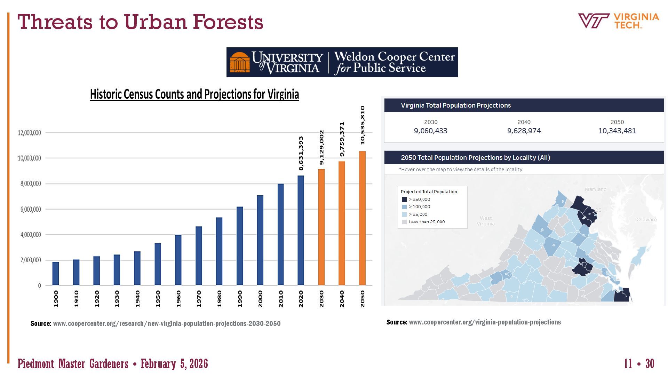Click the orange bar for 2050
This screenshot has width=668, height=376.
click(x=362, y=218)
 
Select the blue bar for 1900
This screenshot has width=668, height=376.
click(x=56, y=274)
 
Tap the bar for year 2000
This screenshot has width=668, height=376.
click(x=260, y=240)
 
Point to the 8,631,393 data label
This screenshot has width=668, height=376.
click(x=301, y=153)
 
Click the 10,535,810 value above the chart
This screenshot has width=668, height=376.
click(x=363, y=125)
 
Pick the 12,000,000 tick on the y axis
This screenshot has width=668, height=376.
click(x=30, y=133)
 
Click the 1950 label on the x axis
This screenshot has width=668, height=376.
click(x=158, y=299)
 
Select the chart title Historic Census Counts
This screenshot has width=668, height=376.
click(x=194, y=94)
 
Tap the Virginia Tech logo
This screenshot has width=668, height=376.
click(x=619, y=21)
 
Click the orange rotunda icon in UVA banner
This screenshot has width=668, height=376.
click(x=240, y=62)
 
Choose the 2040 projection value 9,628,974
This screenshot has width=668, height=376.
click(x=524, y=131)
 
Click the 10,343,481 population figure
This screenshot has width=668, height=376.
click(x=617, y=131)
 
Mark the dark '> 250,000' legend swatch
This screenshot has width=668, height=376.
click(x=404, y=199)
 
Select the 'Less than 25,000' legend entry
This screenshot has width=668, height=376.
click(x=427, y=222)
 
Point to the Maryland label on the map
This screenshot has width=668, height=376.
click(x=595, y=189)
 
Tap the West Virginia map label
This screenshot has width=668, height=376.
click(x=486, y=221)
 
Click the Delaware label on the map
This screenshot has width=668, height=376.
click(x=646, y=219)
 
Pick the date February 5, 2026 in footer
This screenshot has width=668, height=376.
click(x=174, y=364)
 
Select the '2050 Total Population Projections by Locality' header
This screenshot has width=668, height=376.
click(x=475, y=157)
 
